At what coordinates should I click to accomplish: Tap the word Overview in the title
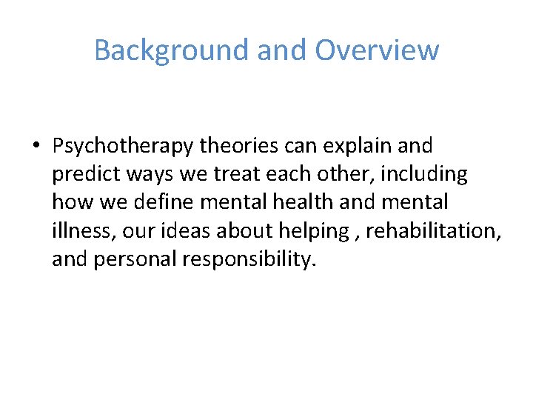pos(377,50)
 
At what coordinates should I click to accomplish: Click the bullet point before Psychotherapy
pos(36,146)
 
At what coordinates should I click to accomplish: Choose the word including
pos(424,175)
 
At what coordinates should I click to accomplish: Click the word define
pos(159,203)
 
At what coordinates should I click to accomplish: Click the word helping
pos(312,231)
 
